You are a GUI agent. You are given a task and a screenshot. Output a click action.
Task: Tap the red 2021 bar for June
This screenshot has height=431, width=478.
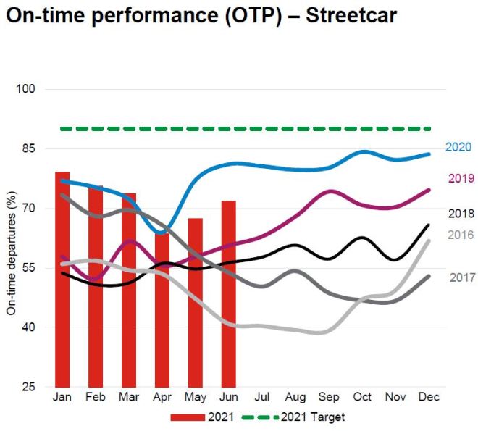pyautogui.click(x=229, y=293)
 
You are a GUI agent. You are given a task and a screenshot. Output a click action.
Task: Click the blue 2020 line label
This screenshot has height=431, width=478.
pyautogui.click(x=458, y=148)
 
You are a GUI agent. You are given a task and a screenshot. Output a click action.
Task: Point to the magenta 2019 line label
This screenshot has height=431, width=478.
pyautogui.click(x=461, y=179)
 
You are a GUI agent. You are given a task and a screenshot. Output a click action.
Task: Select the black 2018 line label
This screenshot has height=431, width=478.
pyautogui.click(x=461, y=214)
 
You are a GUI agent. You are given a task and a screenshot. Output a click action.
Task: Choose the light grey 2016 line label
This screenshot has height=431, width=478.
pyautogui.click(x=461, y=235)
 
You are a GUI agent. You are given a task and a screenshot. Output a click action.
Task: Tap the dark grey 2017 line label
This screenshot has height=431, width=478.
pyautogui.click(x=462, y=277)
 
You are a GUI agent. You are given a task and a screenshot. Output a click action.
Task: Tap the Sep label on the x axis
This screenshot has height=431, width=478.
pyautogui.click(x=329, y=398)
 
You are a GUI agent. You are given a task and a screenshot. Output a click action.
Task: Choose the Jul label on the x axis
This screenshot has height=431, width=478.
pyautogui.click(x=262, y=398)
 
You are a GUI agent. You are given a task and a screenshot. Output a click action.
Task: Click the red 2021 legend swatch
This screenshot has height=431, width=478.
pyautogui.click(x=188, y=417)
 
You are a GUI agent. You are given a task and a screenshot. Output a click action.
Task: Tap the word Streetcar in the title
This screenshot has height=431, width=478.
pyautogui.click(x=351, y=16)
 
